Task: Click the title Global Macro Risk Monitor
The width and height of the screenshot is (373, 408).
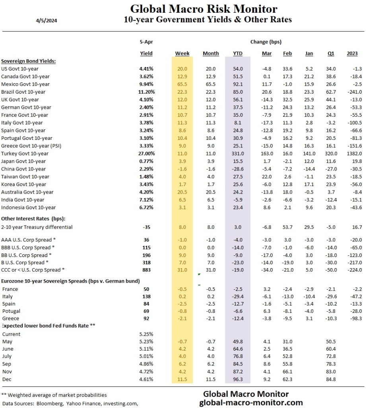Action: point(204,9)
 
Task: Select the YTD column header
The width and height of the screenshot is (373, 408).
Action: point(237,53)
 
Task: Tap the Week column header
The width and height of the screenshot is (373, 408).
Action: point(182,53)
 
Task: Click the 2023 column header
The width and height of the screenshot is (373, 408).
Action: point(352,53)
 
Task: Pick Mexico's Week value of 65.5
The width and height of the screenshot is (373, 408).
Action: point(182,84)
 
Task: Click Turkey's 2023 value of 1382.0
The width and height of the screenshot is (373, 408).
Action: point(352,153)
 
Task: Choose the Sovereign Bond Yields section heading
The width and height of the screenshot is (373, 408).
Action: point(28,61)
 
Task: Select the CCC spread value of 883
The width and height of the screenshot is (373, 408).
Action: point(146,270)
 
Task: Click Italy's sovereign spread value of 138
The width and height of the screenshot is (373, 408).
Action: point(146,297)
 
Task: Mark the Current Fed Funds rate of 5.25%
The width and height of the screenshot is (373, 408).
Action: point(146,334)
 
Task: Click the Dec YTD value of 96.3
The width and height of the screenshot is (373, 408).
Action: point(237,379)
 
